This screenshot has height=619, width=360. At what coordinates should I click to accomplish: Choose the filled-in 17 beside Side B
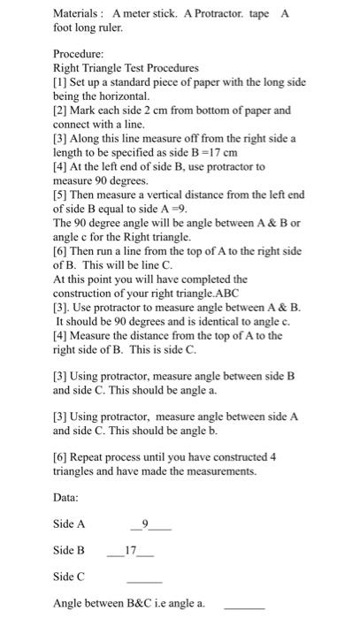tap(130, 549)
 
